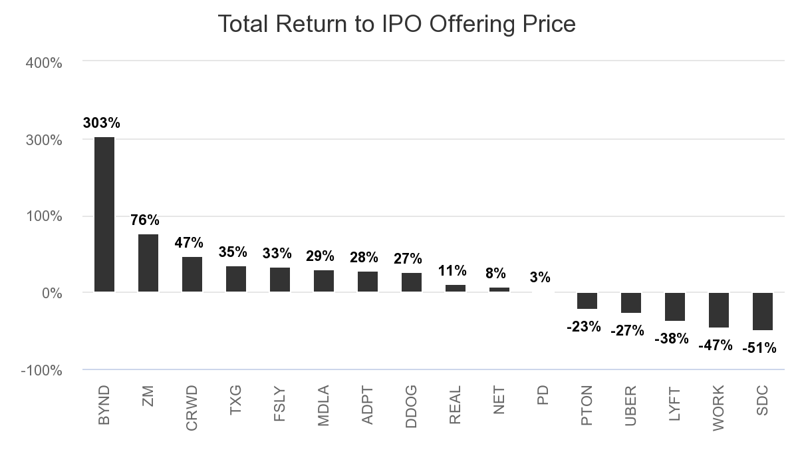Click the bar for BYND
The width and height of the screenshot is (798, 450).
pyautogui.click(x=104, y=214)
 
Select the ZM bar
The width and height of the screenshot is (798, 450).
pyautogui.click(x=148, y=263)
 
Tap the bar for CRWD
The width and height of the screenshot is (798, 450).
pyautogui.click(x=192, y=274)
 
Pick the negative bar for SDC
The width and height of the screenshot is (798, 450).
pyautogui.click(x=763, y=311)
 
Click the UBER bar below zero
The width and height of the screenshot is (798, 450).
pyautogui.click(x=631, y=302)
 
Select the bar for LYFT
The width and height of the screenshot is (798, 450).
pyautogui.click(x=675, y=306)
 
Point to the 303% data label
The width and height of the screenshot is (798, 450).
pyautogui.click(x=102, y=123)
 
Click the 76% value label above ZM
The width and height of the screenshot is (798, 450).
pyautogui.click(x=144, y=220)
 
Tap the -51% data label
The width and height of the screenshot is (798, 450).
pyautogui.click(x=759, y=347)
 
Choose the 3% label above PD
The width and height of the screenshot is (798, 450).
pyautogui.click(x=540, y=277)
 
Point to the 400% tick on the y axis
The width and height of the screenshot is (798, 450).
pyautogui.click(x=44, y=63)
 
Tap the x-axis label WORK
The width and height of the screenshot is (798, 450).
pyautogui.click(x=719, y=407)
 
